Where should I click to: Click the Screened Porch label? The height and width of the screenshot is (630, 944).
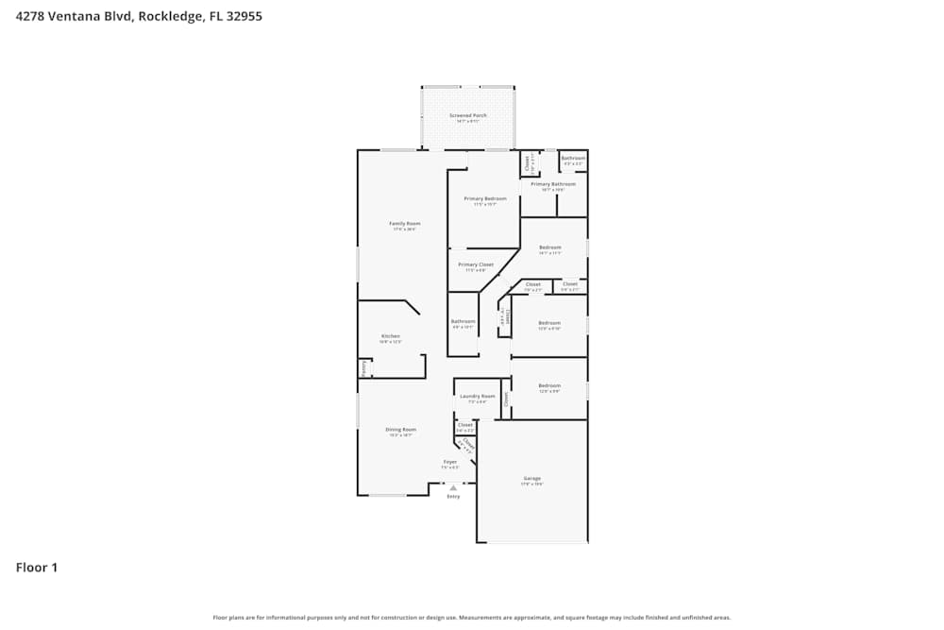(x=467, y=115)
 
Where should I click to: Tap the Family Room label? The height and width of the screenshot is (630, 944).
(x=404, y=224)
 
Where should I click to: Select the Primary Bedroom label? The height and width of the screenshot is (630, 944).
(x=484, y=198)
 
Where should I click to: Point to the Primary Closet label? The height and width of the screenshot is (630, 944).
(x=476, y=264)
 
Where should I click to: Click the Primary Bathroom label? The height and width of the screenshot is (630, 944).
(x=552, y=184)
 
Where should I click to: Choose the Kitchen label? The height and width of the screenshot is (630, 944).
(x=390, y=336)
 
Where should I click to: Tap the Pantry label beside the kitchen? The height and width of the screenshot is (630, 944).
(x=363, y=368)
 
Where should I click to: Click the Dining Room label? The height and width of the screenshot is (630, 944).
(x=400, y=430)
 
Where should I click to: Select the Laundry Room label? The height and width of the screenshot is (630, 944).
(x=477, y=397)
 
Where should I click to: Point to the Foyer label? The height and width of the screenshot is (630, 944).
(x=450, y=462)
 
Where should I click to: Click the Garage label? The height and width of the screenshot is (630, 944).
(x=531, y=479)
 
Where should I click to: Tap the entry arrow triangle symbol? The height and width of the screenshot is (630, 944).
(x=453, y=487)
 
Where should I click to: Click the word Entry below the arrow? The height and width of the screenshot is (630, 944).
(x=453, y=497)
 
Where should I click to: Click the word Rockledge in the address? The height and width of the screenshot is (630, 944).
(x=166, y=16)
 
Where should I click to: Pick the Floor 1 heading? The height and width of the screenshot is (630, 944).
(x=37, y=568)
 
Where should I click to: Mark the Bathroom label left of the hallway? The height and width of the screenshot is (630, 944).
(x=463, y=322)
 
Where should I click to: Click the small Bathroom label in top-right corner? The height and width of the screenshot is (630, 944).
(x=573, y=159)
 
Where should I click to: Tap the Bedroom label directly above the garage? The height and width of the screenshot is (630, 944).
(x=549, y=385)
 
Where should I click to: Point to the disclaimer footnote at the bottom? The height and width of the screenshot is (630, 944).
(x=472, y=617)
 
